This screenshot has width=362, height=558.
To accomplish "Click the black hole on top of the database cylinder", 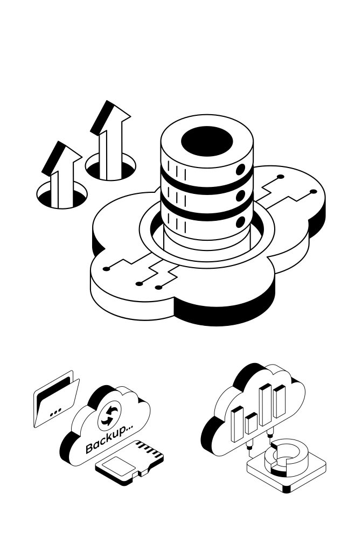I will point(206,142).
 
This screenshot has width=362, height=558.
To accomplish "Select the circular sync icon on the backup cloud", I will point(110,415).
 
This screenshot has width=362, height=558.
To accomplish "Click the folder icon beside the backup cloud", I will point(56,398).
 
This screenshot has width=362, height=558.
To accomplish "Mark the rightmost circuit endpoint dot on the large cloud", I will point(313,191).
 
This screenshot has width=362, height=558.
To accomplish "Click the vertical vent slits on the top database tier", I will point(179,175).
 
